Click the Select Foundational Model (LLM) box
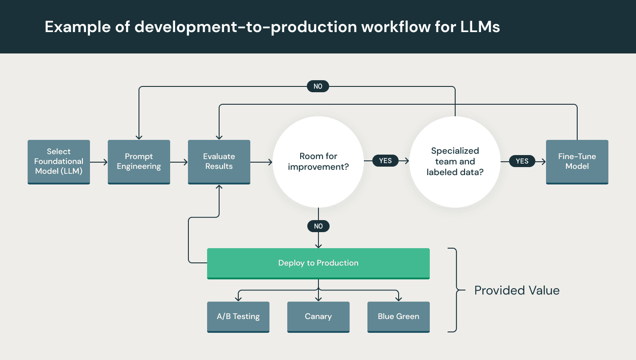tap(59, 162)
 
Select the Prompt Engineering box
tap(139, 162)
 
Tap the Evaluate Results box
tap(219, 162)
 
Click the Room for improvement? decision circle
tap(318, 161)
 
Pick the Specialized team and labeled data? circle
tap(455, 162)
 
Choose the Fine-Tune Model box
tap(577, 162)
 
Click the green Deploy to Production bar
tap(318, 263)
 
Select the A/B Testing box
tap(238, 317)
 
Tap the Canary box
tap(318, 317)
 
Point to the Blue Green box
tap(398, 317)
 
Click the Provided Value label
tap(517, 290)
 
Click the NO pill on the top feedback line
tap(318, 86)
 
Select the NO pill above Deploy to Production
tap(318, 226)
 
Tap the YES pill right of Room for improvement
tap(385, 161)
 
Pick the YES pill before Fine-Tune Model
tap(522, 161)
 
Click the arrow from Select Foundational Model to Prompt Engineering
tap(99, 162)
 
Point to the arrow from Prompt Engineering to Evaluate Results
tap(179, 162)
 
